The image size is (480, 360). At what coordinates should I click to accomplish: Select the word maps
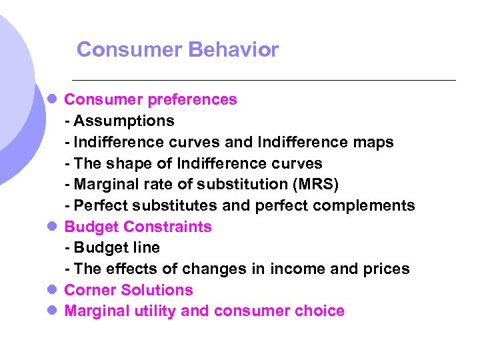pos(373,143)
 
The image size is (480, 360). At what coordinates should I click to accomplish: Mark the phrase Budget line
pos(117,248)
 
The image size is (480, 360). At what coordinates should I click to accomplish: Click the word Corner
pos(87,291)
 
